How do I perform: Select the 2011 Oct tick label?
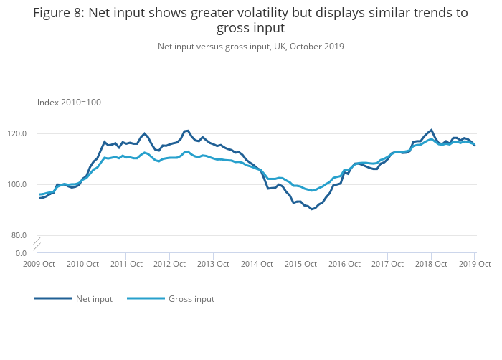pos(126,264)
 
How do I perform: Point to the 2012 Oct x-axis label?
pos(169,264)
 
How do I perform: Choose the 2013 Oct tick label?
pos(212,264)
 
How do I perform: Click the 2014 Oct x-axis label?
pos(256,264)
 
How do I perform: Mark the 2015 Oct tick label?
pos(300,264)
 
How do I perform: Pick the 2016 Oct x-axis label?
pos(344,264)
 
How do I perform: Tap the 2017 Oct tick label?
pos(387,264)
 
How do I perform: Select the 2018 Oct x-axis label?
pos(431,264)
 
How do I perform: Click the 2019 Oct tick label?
pos(474,264)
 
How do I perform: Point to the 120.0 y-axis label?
pos(18,133)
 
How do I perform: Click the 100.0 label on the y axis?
pos(18,184)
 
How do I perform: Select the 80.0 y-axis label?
pos(19,235)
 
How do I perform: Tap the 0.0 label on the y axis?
pos(22,253)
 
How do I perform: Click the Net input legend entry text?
pos(94,299)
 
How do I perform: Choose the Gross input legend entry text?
pos(191,299)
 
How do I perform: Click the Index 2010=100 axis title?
pos(69,103)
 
